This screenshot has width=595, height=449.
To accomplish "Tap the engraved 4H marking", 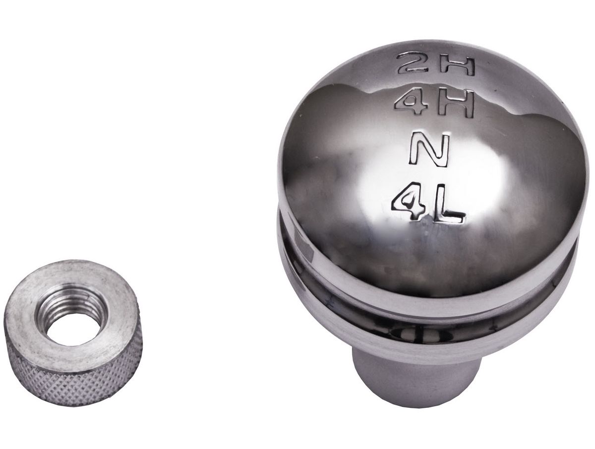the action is (434, 104).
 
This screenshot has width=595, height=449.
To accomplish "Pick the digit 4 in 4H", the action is (413, 103).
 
